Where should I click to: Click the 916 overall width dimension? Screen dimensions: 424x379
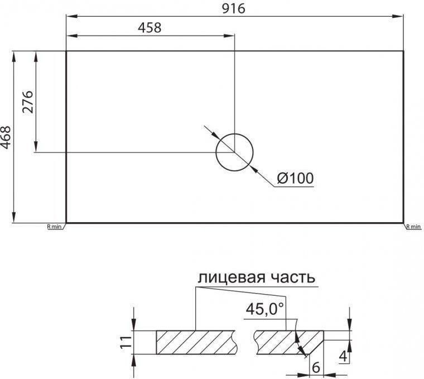point(233,8)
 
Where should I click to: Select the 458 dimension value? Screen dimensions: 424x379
point(150,27)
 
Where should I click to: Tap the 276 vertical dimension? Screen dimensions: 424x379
point(28,102)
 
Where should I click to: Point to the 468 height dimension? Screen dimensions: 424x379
point(6,137)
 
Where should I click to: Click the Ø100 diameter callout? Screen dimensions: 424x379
point(296,178)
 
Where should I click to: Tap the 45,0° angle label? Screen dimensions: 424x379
point(265,309)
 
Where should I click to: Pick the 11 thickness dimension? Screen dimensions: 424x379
point(126,342)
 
